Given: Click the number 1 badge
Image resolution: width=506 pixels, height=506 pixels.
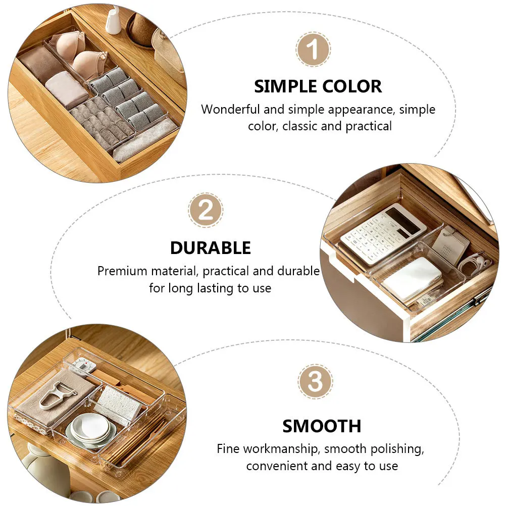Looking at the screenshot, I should click(x=313, y=50).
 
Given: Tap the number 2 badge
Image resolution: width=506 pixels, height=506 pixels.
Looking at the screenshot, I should click(x=206, y=210).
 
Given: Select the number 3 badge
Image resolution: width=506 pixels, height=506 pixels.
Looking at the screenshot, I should click(x=315, y=382).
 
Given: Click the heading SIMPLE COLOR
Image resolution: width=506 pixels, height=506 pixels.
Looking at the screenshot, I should click(x=318, y=86).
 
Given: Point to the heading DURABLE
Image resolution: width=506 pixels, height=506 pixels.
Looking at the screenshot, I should click(x=210, y=248).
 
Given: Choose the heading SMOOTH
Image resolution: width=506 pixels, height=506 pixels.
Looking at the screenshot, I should click(x=322, y=426).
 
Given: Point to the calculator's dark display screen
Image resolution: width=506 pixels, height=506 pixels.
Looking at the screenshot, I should click(x=403, y=220).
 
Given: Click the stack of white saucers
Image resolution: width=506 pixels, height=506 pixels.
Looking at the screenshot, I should click(x=91, y=429).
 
